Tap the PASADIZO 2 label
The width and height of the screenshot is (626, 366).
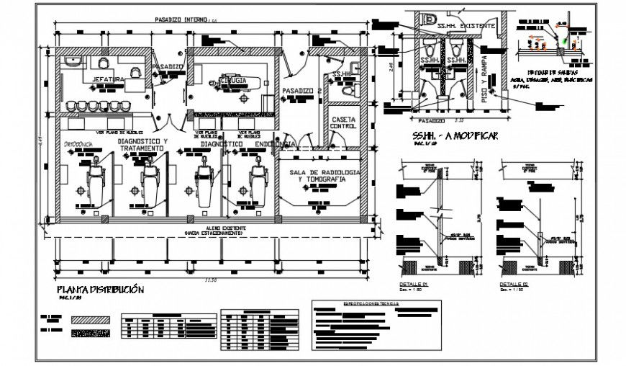tap(301, 91)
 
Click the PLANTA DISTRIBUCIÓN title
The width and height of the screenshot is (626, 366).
tap(100, 290)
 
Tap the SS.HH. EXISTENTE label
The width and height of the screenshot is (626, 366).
tap(466, 25)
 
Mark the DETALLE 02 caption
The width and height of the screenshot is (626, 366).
tap(514, 285)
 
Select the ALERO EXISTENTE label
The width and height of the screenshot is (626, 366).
tap(214, 228)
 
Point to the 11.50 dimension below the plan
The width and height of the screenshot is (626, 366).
tap(209, 279)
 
